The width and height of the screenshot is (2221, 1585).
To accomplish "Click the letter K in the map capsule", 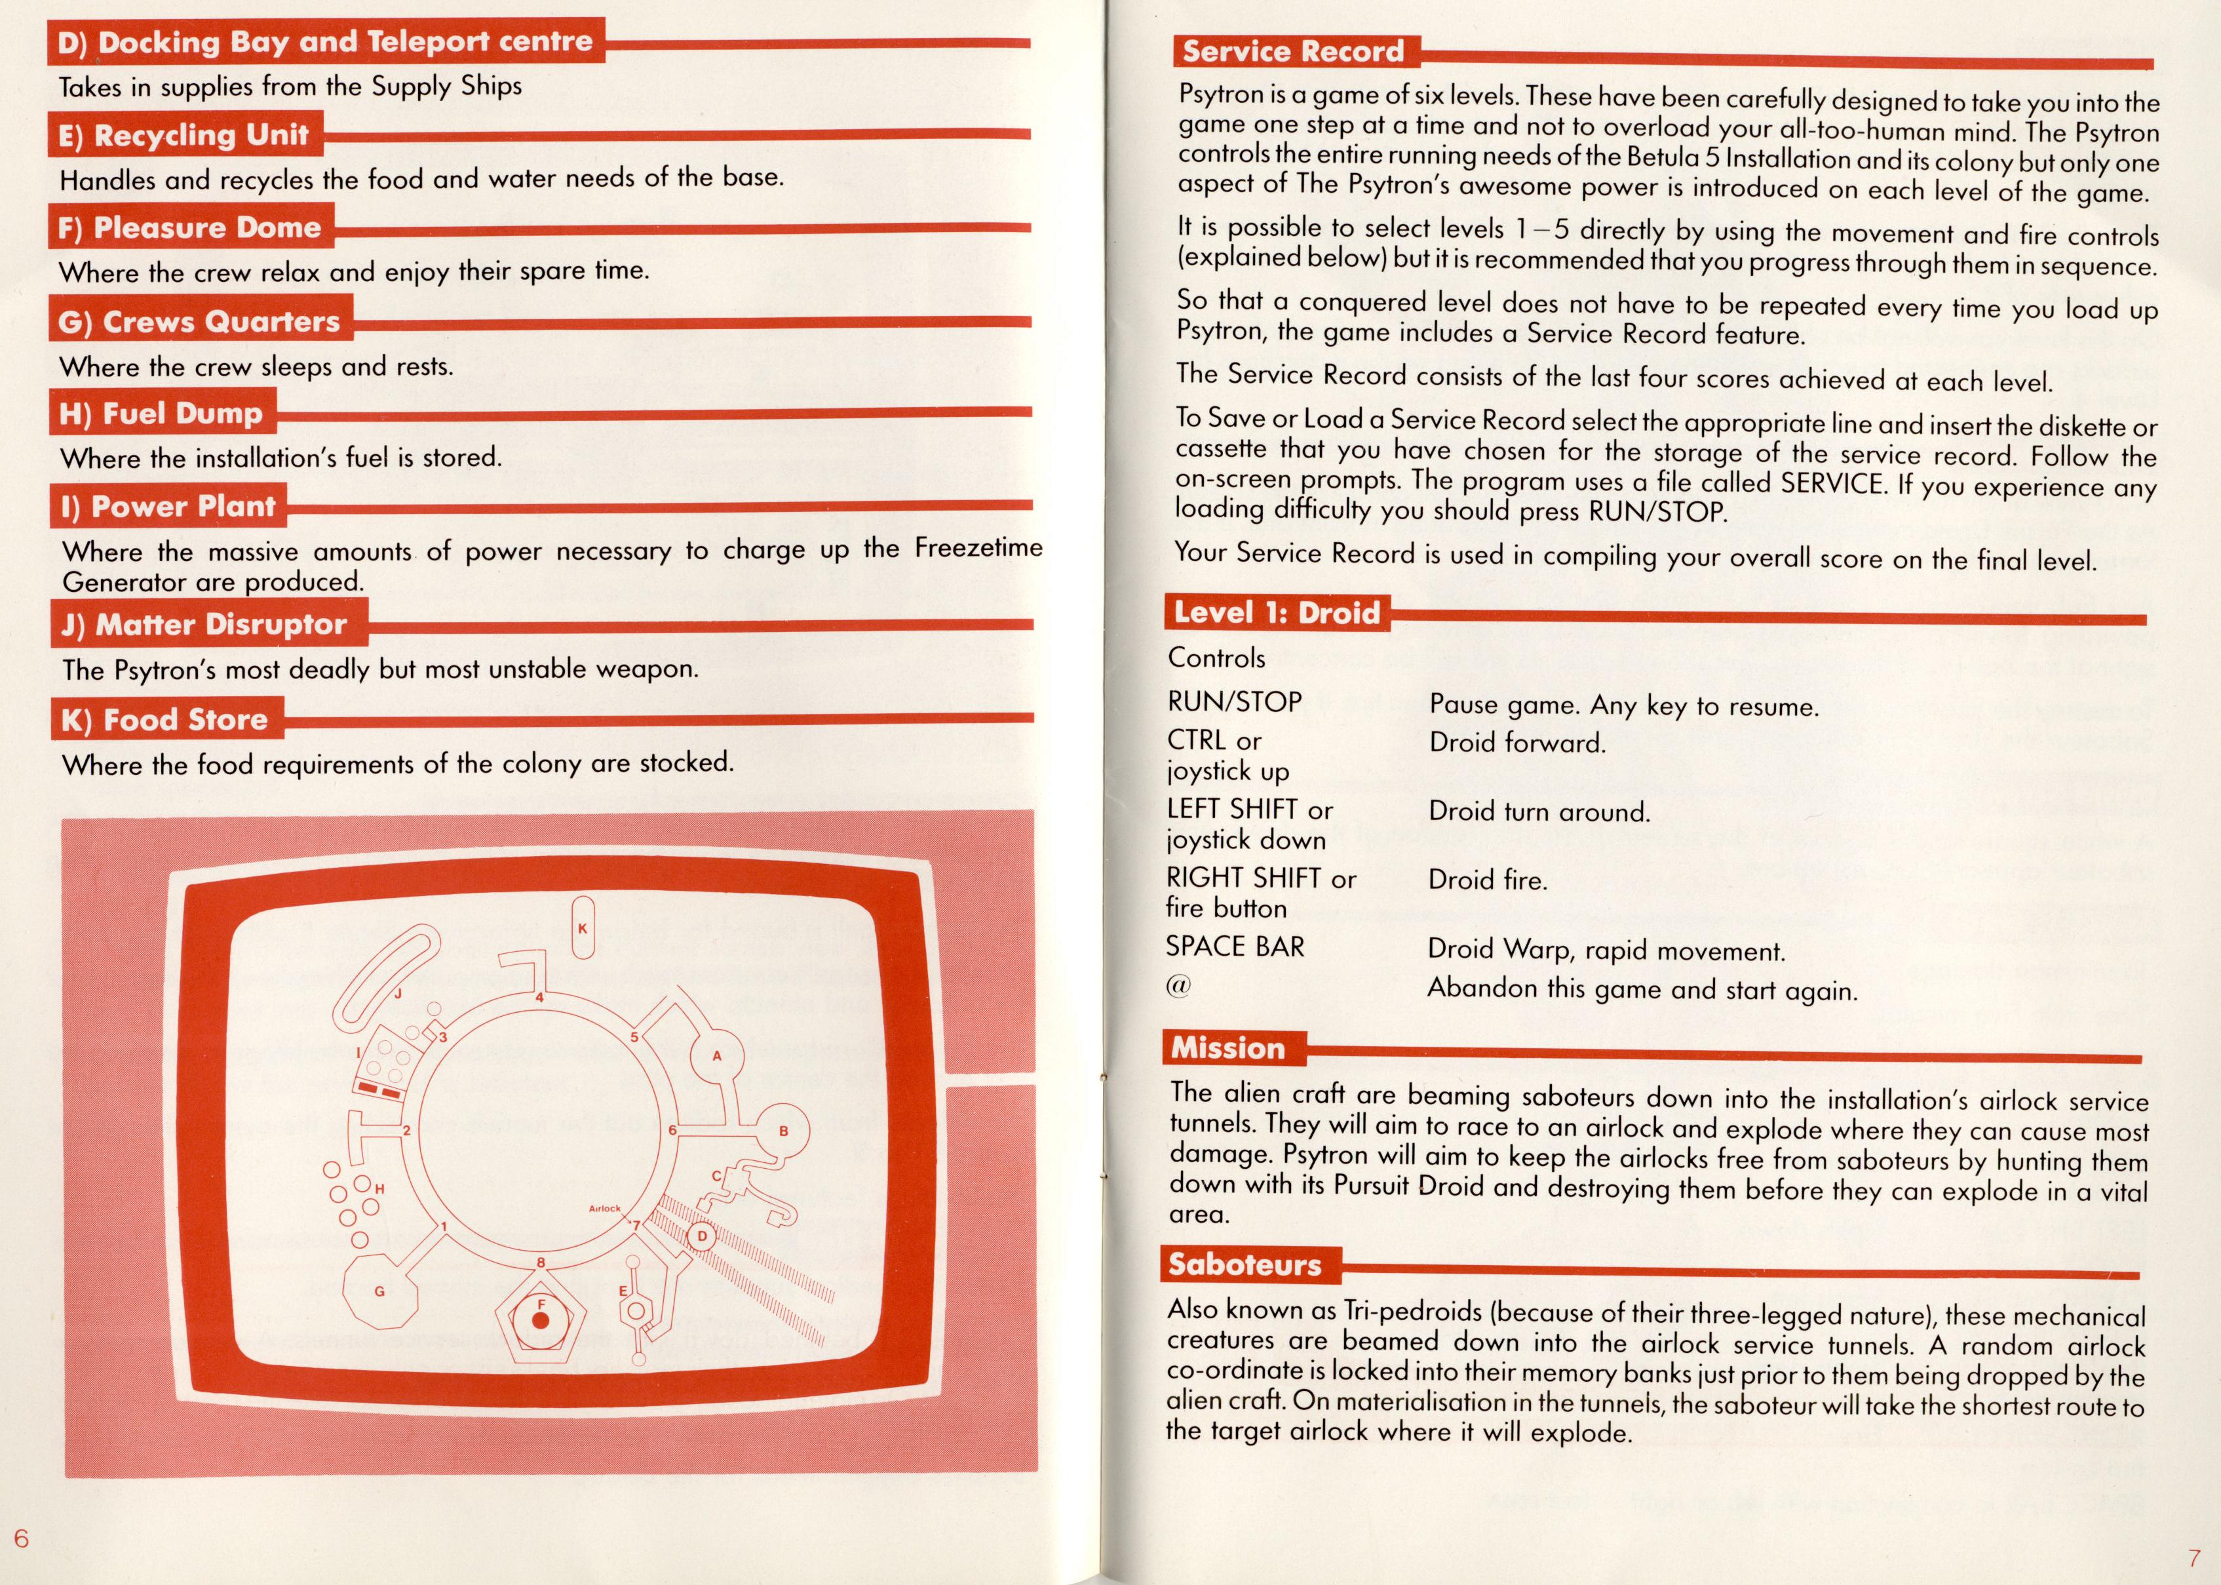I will (x=583, y=928).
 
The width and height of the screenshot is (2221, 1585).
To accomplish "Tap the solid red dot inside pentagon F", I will (x=541, y=1321).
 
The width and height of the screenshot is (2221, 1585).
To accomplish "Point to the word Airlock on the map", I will (x=604, y=1208).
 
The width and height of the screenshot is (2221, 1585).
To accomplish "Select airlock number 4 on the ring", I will (x=539, y=998).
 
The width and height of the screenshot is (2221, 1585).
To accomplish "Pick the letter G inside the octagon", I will (x=379, y=1291).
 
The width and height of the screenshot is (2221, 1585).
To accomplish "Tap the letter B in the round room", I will (x=782, y=1131).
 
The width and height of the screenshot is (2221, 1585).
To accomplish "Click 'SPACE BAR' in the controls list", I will (x=1235, y=947).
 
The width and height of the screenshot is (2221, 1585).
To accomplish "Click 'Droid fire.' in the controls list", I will (x=1487, y=880).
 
